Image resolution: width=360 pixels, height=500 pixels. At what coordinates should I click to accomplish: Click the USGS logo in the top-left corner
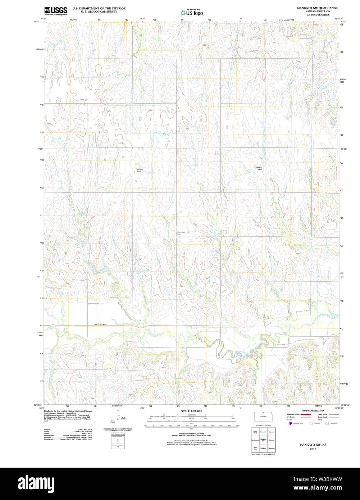55,11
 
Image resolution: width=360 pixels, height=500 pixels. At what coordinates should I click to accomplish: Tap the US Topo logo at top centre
192,13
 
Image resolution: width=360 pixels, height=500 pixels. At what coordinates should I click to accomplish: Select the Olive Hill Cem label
258,168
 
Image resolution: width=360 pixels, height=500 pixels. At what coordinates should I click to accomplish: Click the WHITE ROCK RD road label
101,324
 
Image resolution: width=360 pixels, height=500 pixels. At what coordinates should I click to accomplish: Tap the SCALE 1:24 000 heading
191,411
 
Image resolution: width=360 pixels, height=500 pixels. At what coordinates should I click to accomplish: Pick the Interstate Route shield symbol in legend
290,423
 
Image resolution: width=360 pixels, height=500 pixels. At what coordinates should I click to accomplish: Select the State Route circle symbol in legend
327,423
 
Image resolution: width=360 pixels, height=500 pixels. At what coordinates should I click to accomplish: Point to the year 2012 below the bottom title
312,449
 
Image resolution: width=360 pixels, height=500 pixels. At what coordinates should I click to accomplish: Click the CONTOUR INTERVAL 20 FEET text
191,433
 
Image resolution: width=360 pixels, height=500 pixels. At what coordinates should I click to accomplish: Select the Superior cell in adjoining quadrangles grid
271,432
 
